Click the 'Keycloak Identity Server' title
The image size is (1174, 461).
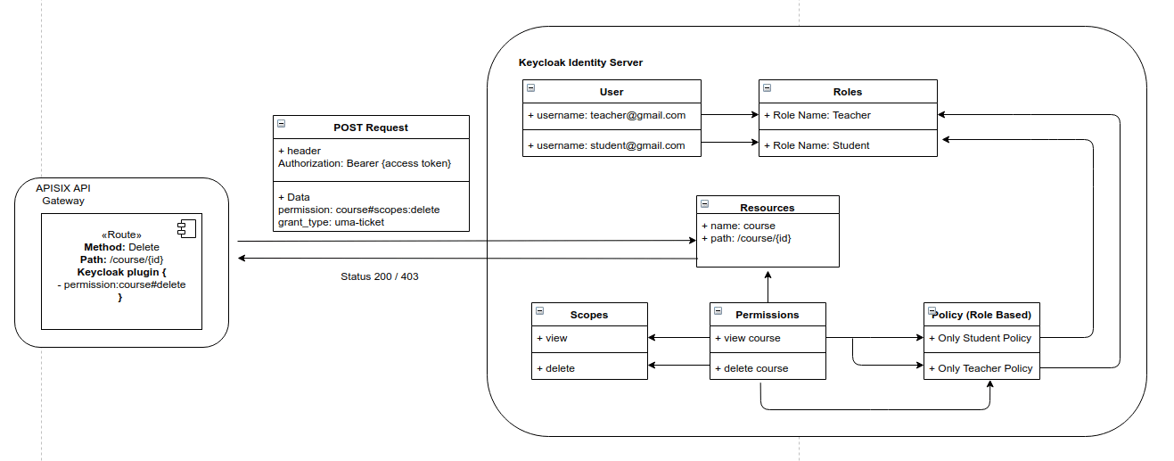point(580,62)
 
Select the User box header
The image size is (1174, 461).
point(612,92)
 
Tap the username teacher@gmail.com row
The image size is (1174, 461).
point(612,115)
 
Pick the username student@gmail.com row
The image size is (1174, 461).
point(612,145)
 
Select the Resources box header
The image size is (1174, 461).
point(767,208)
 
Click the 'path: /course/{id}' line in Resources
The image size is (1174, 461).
point(751,238)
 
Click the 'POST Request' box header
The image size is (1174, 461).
point(371,128)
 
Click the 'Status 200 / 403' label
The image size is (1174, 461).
point(379,276)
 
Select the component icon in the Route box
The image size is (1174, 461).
point(186,229)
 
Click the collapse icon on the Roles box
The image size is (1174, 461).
point(767,88)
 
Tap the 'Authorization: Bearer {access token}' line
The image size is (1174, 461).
point(365,163)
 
